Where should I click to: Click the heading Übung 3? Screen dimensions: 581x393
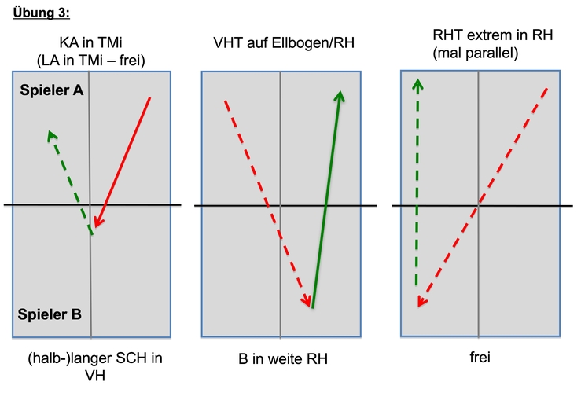click(41, 13)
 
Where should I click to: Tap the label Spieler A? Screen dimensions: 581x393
click(52, 90)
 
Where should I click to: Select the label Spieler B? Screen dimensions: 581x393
click(50, 314)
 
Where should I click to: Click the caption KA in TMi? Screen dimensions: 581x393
click(90, 42)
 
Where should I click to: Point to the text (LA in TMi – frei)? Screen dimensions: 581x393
click(90, 61)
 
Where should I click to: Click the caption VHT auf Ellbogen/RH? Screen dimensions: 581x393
click(284, 43)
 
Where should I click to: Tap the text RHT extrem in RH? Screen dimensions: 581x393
click(492, 35)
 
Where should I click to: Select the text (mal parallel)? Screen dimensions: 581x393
click(476, 53)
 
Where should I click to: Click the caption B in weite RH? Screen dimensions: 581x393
click(283, 358)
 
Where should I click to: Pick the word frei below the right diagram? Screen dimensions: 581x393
click(480, 357)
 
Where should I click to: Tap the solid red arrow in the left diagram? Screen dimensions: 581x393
click(123, 162)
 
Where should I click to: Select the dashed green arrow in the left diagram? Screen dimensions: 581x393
click(70, 182)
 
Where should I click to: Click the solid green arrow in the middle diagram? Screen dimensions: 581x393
click(326, 200)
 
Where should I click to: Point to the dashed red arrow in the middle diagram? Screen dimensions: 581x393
click(267, 204)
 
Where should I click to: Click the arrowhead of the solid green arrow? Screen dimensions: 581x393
click(340, 97)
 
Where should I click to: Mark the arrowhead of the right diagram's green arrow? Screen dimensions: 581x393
click(417, 84)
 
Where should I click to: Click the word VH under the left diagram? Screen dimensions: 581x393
click(95, 376)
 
